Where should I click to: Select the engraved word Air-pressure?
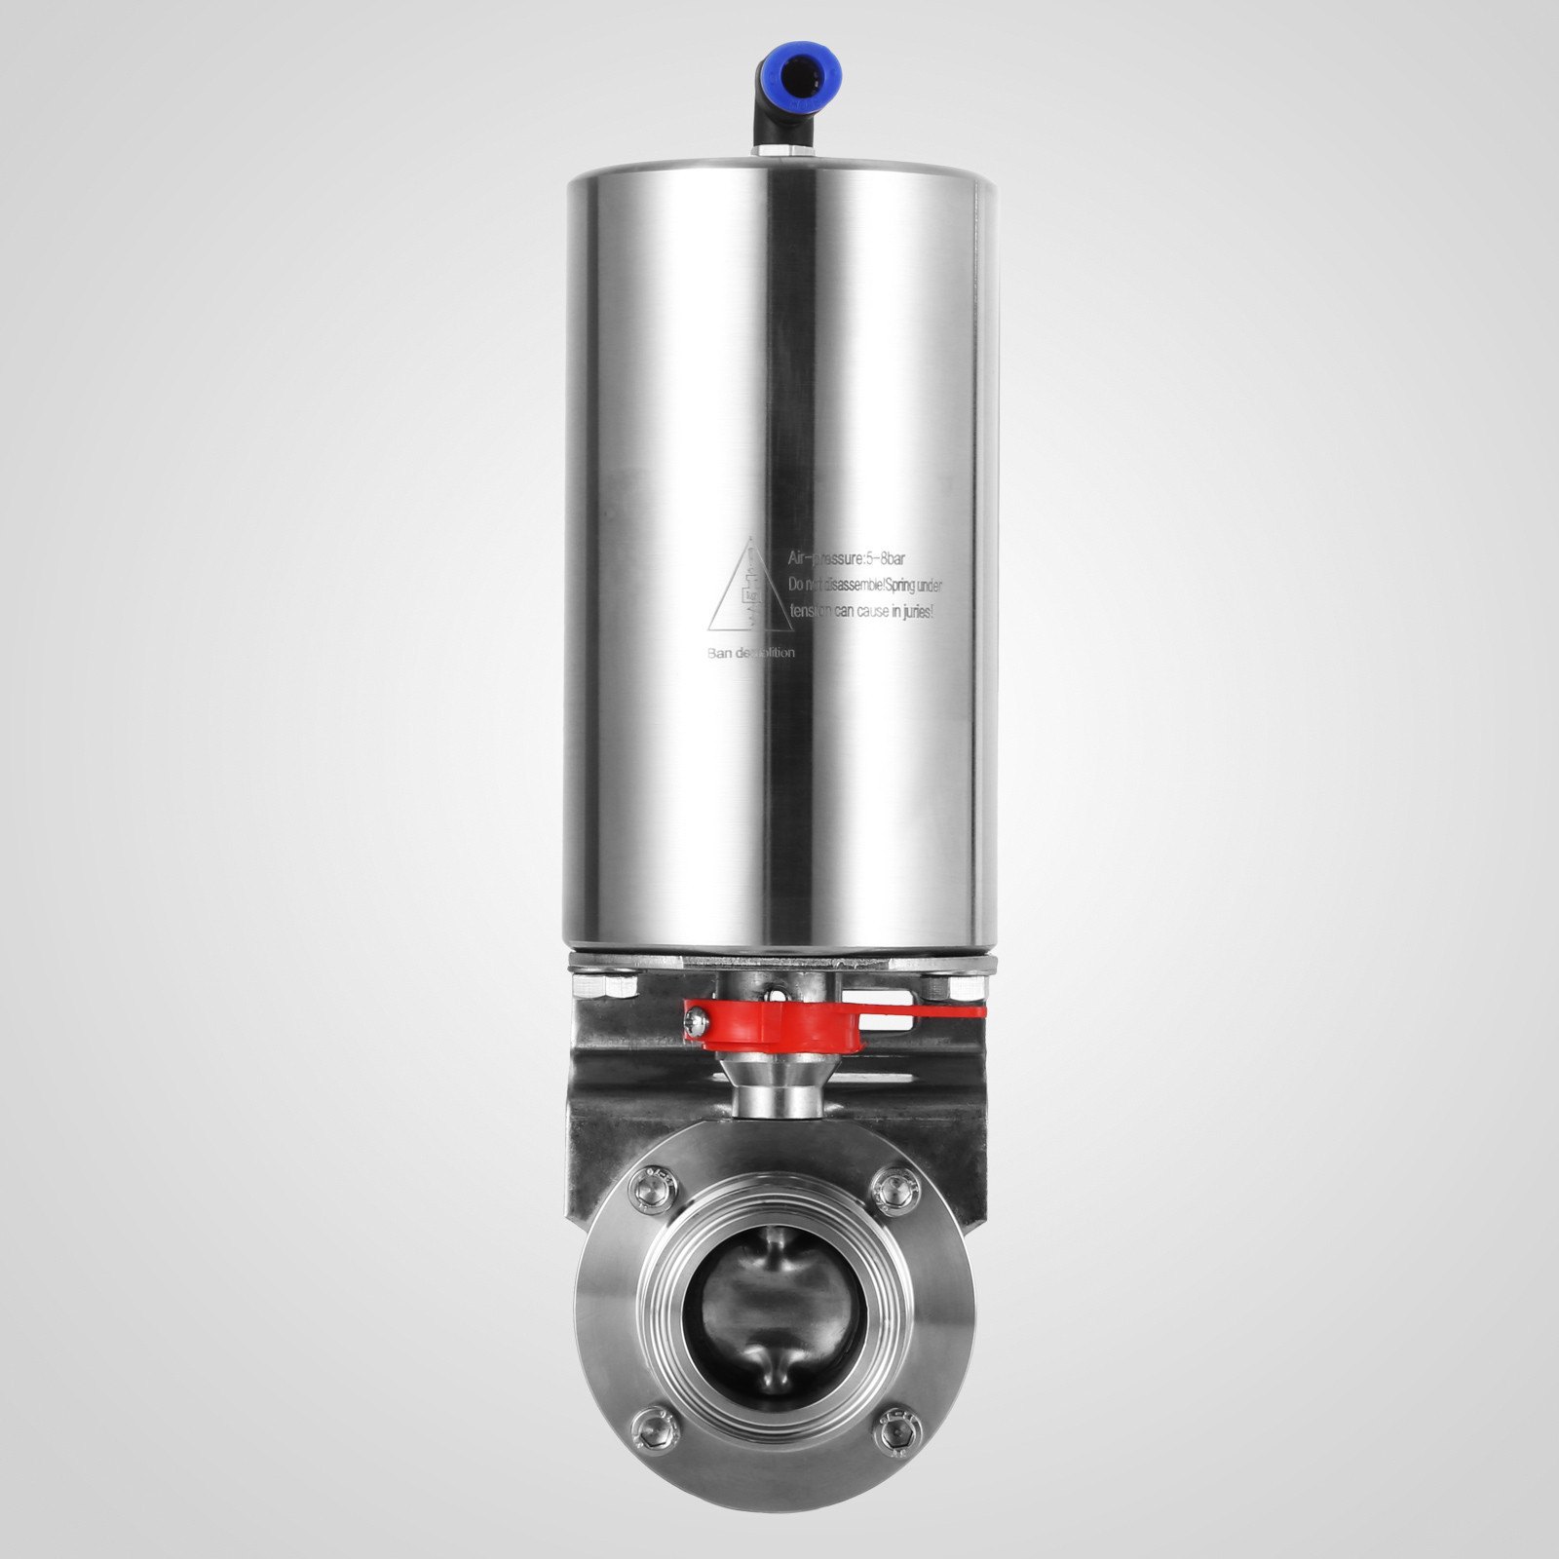(x=823, y=559)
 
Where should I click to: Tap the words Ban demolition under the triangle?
(x=750, y=653)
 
